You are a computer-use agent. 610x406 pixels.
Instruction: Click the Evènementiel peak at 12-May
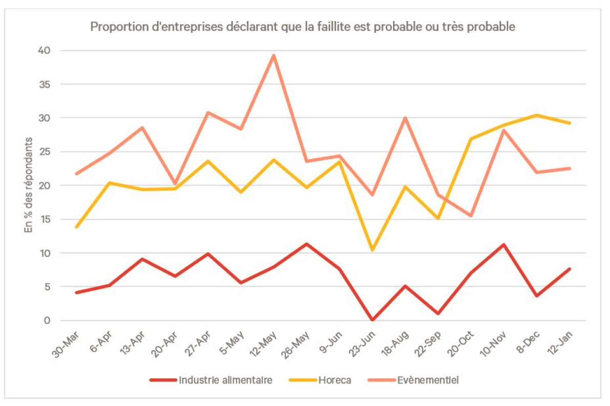(x=274, y=55)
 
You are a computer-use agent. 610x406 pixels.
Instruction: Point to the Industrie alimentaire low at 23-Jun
(x=372, y=320)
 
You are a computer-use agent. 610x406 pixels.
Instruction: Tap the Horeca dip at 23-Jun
(x=372, y=250)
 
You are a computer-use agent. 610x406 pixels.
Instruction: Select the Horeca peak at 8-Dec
(x=537, y=115)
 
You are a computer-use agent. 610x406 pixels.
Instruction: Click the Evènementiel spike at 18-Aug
(x=405, y=118)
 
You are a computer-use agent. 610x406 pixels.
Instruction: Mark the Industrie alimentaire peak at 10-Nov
(x=504, y=245)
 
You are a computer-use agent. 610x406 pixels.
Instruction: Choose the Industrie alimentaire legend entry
(x=226, y=380)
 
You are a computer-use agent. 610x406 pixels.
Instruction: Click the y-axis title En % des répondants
(x=29, y=185)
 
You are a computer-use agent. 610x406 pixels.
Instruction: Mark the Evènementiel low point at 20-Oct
(x=471, y=215)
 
